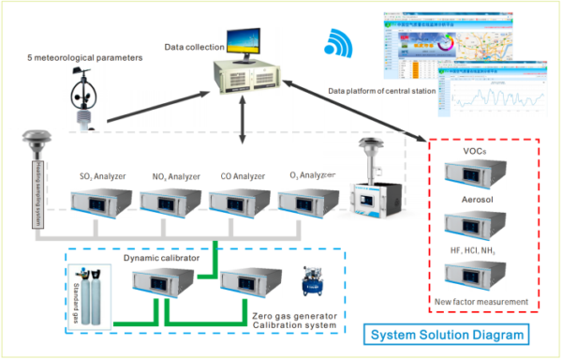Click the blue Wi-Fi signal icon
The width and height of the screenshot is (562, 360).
pyautogui.click(x=336, y=43)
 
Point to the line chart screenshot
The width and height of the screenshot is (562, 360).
pyautogui.click(x=491, y=97)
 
